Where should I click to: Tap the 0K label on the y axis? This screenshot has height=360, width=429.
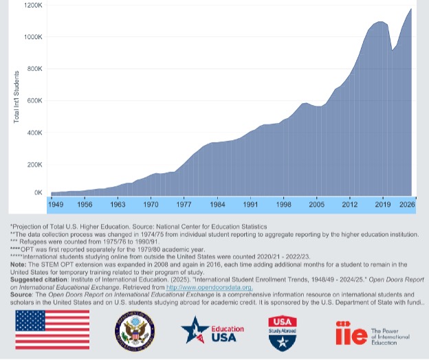coord(38,193)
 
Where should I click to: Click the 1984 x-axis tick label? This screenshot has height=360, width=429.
coord(217,205)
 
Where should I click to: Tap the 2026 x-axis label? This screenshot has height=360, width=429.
coord(406,205)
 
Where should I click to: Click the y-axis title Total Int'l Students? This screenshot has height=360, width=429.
coord(16,101)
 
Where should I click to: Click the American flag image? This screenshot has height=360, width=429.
coord(52,330)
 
